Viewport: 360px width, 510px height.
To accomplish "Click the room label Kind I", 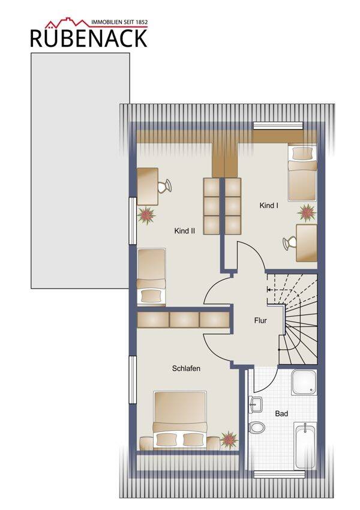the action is [x=269, y=206].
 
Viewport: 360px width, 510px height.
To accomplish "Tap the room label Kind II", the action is [x=184, y=231].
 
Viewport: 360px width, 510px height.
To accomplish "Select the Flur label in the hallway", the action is [x=260, y=320].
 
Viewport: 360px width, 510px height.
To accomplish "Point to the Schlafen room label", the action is [x=186, y=368].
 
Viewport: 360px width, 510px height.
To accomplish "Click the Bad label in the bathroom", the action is [x=281, y=414].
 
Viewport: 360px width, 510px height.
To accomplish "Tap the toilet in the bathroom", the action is [x=257, y=427].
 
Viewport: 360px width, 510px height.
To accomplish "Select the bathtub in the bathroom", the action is [x=305, y=446].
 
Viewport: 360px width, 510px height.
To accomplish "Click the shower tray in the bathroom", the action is [x=304, y=382].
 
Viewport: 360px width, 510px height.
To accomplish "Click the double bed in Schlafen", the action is [x=180, y=420].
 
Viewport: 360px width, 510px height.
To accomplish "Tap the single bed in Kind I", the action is [x=302, y=173].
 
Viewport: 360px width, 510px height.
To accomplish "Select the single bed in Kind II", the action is [x=151, y=277].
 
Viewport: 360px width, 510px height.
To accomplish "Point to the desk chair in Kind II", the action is [x=164, y=187].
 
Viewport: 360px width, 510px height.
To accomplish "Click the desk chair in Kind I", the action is [x=289, y=243].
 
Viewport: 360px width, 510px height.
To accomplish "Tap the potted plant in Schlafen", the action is [x=229, y=440].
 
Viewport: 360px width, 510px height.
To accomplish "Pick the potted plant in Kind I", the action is [x=307, y=213].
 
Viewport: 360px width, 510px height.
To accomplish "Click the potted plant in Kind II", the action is [x=146, y=215].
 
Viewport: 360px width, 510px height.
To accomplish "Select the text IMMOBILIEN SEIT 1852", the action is [x=119, y=22].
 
